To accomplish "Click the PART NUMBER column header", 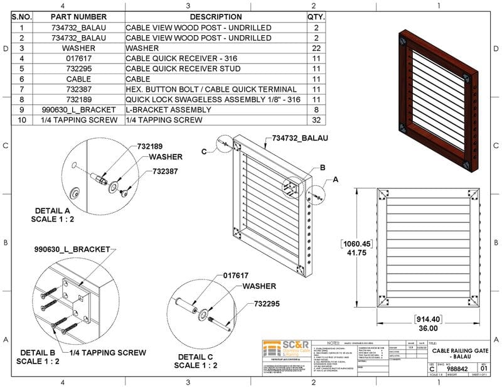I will pos(78,17).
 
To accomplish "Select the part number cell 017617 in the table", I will pos(78,58).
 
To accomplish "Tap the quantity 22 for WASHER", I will pos(316,48).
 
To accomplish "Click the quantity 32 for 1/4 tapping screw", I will pos(316,119).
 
